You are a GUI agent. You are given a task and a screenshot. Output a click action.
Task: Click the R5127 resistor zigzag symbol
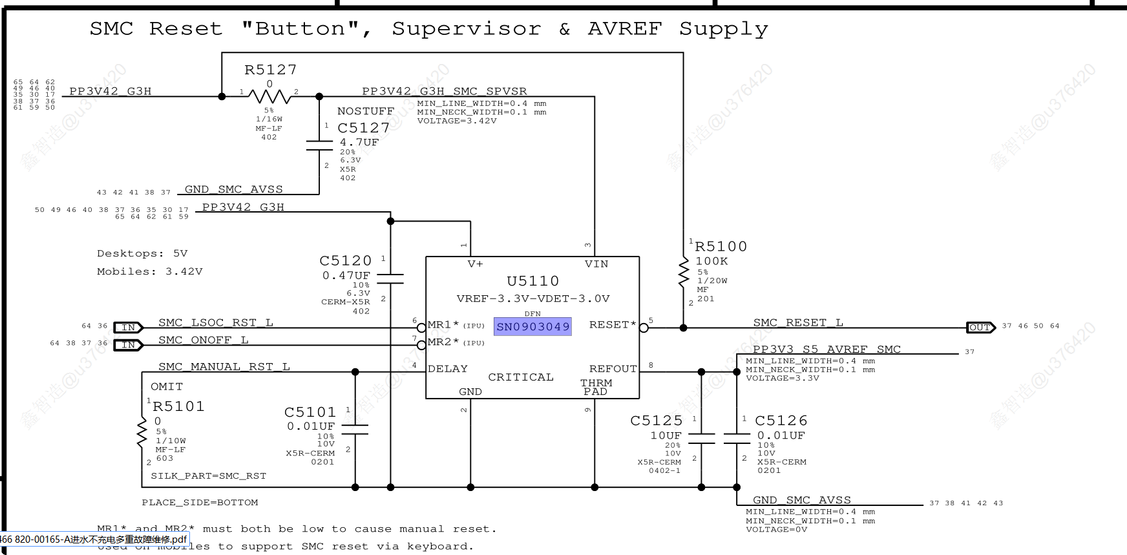[269, 97]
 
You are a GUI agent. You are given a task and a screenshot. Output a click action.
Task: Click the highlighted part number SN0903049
[532, 327]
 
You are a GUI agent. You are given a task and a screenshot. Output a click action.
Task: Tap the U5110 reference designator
[532, 281]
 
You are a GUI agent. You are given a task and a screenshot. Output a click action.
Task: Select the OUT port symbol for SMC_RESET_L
[980, 327]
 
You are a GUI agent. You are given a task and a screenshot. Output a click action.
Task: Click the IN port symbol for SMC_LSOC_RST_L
[128, 328]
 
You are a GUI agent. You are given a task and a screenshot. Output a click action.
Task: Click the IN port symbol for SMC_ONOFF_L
[128, 345]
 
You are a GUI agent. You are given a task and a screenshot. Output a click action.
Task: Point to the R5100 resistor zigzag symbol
[683, 273]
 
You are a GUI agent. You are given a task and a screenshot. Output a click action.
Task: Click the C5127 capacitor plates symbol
[319, 145]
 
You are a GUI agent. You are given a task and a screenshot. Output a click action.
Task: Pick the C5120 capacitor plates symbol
[390, 278]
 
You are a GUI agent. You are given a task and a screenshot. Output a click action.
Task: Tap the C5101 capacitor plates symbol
[355, 429]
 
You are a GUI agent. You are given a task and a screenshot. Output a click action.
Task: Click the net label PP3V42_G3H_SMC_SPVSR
[444, 91]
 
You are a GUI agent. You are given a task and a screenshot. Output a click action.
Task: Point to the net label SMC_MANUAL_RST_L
[224, 366]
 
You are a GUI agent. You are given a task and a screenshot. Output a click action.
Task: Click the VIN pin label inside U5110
[596, 264]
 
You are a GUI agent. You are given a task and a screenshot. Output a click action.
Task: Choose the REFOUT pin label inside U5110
[613, 368]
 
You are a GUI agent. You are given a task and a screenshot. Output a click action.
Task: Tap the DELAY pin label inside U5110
[448, 369]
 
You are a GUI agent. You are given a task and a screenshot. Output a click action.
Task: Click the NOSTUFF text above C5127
[365, 111]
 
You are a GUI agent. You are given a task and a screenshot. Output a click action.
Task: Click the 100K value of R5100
[711, 261]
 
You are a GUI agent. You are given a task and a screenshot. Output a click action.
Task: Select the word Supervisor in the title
[466, 29]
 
